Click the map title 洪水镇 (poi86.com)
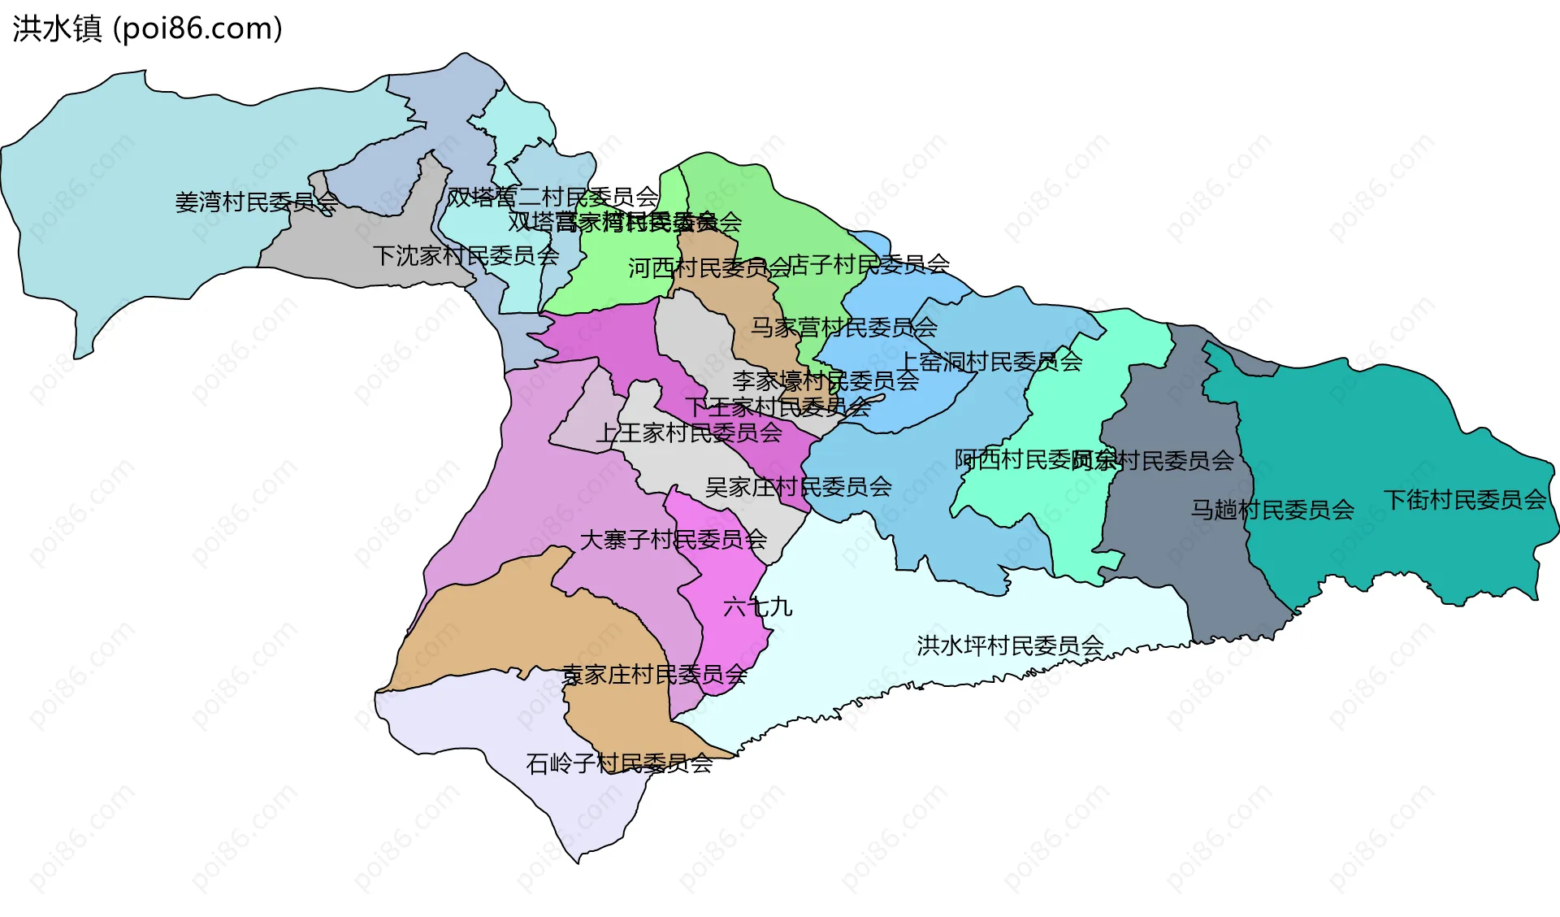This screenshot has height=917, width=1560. tap(147, 28)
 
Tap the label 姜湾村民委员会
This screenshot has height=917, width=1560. tap(257, 202)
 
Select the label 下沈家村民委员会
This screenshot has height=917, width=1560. tap(466, 255)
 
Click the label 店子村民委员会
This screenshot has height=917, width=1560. tap(869, 263)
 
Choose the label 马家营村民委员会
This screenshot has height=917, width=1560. tap(843, 327)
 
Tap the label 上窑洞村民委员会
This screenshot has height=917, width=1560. tap(991, 361)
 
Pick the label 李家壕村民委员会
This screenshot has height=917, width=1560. tap(825, 380)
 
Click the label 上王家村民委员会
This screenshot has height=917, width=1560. tap(689, 432)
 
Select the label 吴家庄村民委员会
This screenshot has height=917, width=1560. tap(798, 486)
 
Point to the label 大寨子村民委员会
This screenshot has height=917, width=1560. tap(673, 539)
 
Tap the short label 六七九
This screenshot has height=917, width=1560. tap(757, 606)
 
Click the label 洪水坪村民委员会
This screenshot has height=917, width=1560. tap(1010, 645)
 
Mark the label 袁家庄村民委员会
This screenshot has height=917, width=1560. tap(654, 674)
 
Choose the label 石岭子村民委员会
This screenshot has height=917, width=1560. tap(619, 763)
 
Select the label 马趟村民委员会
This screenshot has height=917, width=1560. tap(1272, 510)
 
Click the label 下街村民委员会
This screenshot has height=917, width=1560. tap(1464, 499)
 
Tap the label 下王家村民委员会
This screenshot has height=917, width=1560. tap(778, 406)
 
